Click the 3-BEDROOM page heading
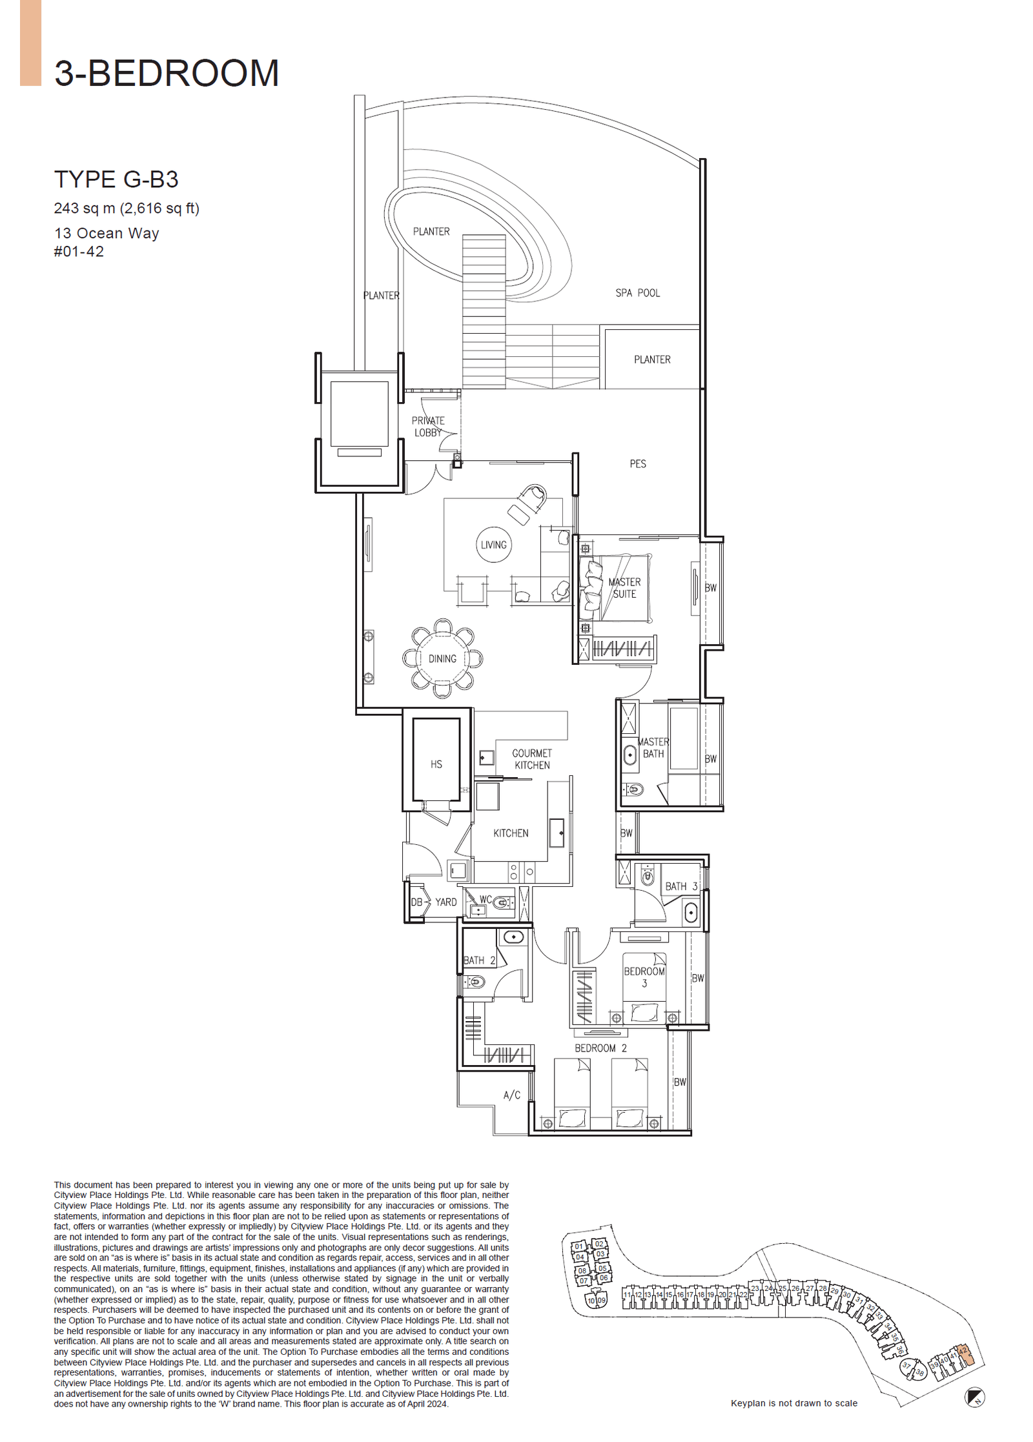point(167,73)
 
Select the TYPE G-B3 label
point(116,179)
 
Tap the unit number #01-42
point(79,252)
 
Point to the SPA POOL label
point(637,293)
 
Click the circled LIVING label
point(493,545)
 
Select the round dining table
point(442,658)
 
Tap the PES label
point(637,463)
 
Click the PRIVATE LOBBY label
point(427,427)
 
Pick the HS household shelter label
point(436,764)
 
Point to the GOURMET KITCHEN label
point(531,759)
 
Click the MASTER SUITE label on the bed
point(624,588)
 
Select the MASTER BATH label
point(653,747)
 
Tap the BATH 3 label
point(681,886)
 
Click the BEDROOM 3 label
point(644,977)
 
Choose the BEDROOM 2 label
point(600,1048)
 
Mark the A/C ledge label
point(511,1095)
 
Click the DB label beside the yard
point(416,902)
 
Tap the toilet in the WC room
point(500,903)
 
